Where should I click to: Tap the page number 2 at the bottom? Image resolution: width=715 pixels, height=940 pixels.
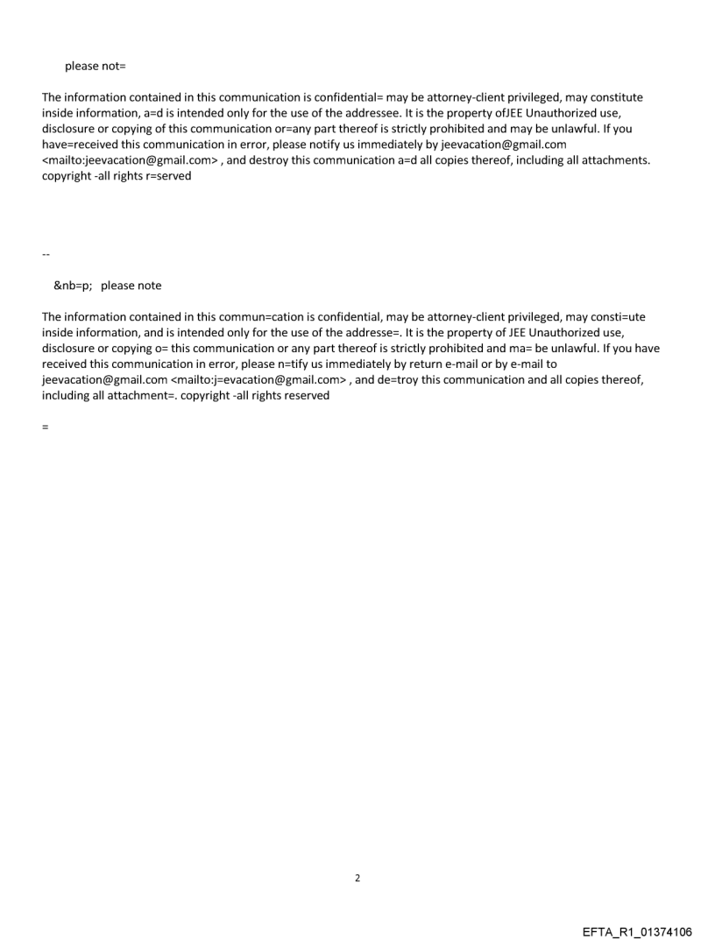click(x=357, y=878)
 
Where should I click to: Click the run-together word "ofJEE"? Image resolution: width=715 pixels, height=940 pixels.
click(x=501, y=113)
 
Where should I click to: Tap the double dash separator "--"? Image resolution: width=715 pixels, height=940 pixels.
click(x=46, y=255)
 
